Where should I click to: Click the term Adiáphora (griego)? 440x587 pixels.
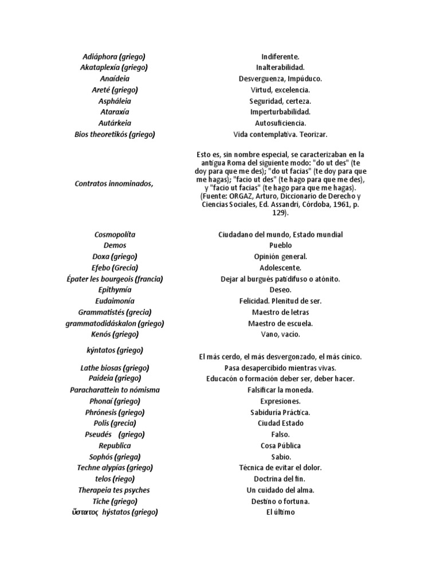click(x=115, y=57)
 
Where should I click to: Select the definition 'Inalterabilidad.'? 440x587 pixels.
click(x=280, y=68)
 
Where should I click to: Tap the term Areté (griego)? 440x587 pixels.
click(x=115, y=90)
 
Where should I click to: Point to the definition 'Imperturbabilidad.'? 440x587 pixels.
click(x=280, y=112)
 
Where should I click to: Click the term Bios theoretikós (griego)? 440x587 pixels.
click(x=115, y=134)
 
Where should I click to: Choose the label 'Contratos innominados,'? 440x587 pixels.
click(x=115, y=183)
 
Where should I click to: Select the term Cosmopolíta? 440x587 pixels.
click(x=115, y=234)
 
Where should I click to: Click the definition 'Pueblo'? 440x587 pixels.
click(x=280, y=245)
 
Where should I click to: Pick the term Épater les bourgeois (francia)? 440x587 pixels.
click(x=115, y=279)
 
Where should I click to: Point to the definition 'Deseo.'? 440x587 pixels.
click(x=280, y=290)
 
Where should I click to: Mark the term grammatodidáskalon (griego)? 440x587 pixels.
click(x=115, y=323)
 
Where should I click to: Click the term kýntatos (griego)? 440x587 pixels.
click(x=115, y=350)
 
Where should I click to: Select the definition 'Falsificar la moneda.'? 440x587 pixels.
click(x=280, y=390)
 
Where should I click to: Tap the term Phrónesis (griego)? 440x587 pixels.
click(x=115, y=412)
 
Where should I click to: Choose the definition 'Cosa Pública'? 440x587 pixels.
click(x=280, y=445)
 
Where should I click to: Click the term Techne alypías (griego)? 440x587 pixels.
click(x=115, y=468)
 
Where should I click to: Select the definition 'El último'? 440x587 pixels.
click(x=280, y=512)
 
